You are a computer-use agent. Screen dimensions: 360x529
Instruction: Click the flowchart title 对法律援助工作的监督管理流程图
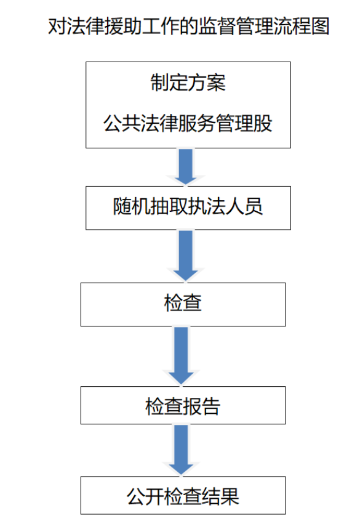188,26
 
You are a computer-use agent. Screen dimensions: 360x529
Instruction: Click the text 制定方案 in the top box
188,83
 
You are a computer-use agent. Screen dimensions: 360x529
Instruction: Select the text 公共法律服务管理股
188,123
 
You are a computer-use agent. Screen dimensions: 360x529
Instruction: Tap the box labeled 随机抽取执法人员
188,208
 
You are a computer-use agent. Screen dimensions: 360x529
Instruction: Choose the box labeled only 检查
183,304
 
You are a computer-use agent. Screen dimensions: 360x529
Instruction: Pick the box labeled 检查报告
183,405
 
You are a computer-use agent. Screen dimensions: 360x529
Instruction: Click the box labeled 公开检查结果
183,495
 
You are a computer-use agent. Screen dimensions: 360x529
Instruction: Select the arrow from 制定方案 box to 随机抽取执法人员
186,167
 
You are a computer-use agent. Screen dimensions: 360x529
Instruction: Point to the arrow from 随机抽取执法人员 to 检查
186,256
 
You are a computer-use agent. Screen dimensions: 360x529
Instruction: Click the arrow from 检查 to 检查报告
181,356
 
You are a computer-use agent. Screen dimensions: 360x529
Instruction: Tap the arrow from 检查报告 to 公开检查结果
181,450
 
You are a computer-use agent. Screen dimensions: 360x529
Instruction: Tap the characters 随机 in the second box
132,206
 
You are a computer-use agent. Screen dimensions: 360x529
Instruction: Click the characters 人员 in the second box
244,206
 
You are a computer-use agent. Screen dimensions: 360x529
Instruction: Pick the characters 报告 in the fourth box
202,406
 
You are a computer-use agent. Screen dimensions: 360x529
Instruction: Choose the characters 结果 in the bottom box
220,496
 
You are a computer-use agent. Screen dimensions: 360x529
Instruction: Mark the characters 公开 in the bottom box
145,496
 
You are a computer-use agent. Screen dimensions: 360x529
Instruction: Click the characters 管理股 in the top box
244,123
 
